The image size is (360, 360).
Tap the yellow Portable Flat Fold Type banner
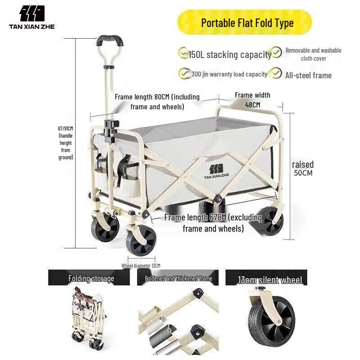point(247,23)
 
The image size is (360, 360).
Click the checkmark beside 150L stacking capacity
point(183,53)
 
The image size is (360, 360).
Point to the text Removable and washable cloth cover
point(313,54)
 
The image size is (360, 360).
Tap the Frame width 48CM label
point(252,100)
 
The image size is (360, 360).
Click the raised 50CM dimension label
point(302,168)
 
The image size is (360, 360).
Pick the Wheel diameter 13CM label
point(140,265)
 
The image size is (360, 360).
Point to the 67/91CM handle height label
point(66,143)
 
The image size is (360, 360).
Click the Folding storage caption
point(91,278)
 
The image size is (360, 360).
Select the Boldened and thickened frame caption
point(178,279)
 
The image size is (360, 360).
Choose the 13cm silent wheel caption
point(270,280)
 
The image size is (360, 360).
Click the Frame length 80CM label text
point(157,102)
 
